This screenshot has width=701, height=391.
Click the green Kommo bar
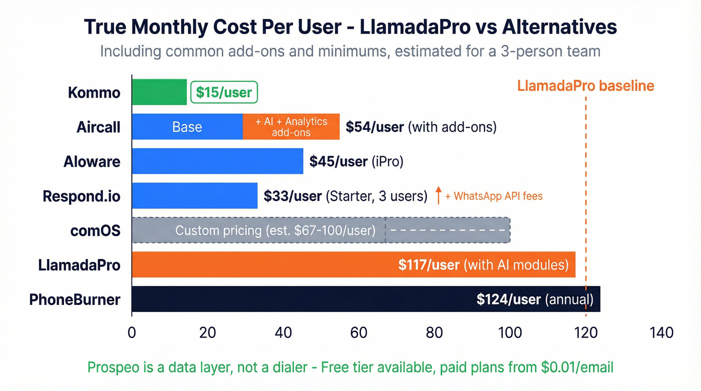[159, 92]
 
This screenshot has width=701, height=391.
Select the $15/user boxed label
[224, 93]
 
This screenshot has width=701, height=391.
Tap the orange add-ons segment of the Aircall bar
[291, 127]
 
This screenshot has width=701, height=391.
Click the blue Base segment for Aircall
[187, 127]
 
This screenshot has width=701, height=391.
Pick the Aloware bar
[217, 161]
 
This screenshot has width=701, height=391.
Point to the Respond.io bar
[194, 196]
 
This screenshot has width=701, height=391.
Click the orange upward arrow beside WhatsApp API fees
[438, 196]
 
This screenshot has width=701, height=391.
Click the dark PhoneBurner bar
[300, 299]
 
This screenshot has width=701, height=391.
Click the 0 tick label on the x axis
[132, 332]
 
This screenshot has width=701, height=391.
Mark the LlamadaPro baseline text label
[585, 86]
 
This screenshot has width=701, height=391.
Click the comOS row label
[95, 231]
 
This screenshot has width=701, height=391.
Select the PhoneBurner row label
[75, 299]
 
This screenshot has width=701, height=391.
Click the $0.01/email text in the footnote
[577, 367]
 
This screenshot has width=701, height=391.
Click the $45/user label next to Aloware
[337, 161]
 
